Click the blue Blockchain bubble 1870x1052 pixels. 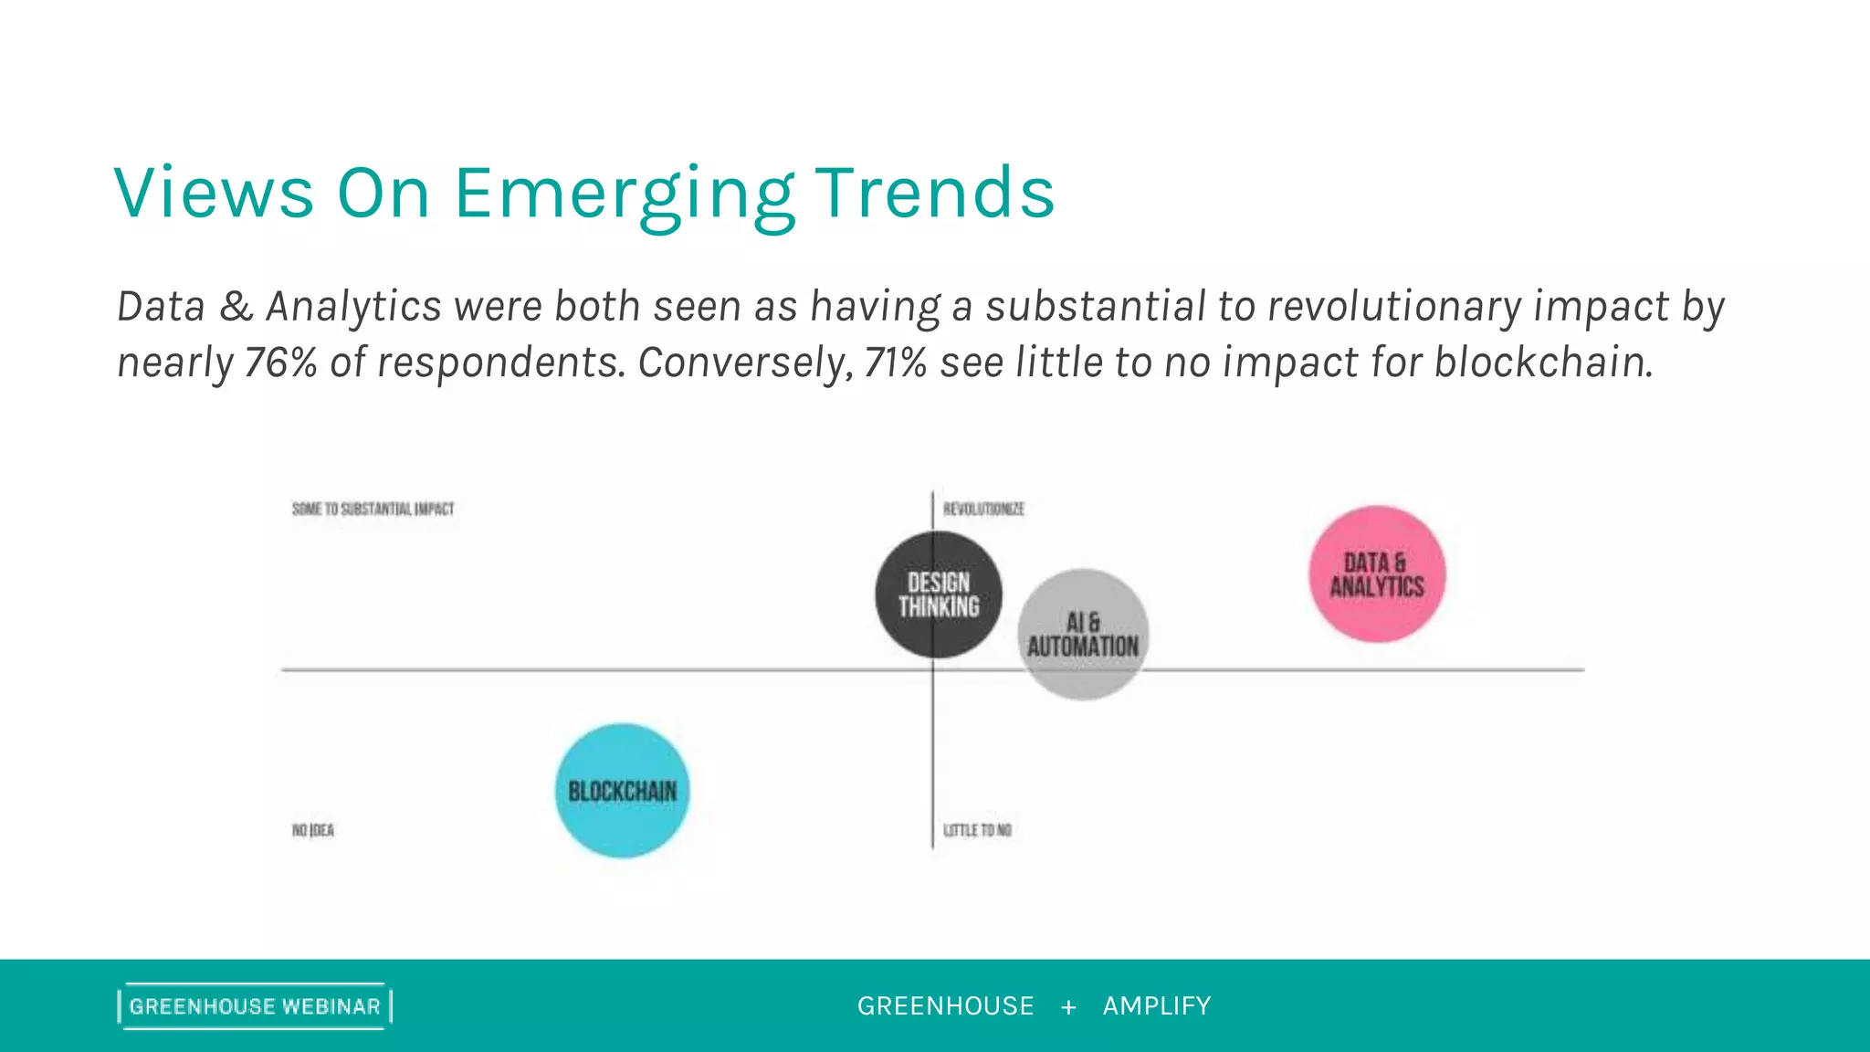tap(623, 791)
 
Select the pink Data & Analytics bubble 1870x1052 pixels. tap(1377, 574)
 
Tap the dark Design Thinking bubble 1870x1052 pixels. tap(939, 594)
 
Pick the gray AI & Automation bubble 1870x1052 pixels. tap(1084, 635)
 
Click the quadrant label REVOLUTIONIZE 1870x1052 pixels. tap(983, 509)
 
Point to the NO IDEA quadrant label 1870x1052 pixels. tap(313, 830)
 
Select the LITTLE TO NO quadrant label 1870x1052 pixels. tap(977, 830)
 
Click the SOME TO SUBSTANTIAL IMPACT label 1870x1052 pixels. tap(373, 509)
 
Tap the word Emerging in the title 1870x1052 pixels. tap(625, 194)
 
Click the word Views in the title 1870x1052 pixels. tap(215, 194)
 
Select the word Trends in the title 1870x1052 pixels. tap(934, 194)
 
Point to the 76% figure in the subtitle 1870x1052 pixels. tap(280, 363)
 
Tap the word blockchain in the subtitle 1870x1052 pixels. tap(1543, 363)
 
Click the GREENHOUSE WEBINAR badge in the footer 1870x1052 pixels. tap(255, 1006)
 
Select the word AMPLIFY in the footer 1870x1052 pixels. tap(1157, 1006)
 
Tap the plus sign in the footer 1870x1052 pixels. tap(1068, 1007)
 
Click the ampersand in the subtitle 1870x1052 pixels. tap(236, 306)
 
